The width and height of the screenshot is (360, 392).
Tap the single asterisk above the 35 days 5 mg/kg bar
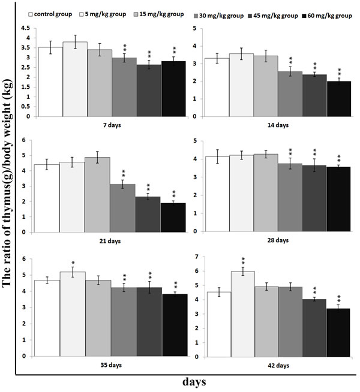point(73,263)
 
